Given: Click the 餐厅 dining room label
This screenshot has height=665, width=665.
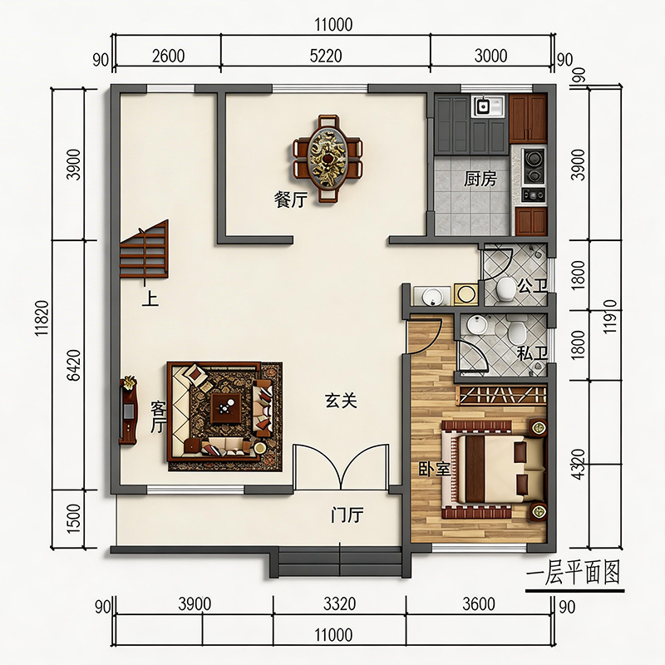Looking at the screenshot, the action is pyautogui.click(x=290, y=199).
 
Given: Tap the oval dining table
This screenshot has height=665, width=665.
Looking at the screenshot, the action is pyautogui.click(x=327, y=158).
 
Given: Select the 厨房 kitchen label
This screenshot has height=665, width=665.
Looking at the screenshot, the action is pyautogui.click(x=480, y=179).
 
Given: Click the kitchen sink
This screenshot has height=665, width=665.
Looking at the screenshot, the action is pyautogui.click(x=487, y=106).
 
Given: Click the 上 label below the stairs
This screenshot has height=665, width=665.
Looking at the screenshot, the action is pyautogui.click(x=150, y=298).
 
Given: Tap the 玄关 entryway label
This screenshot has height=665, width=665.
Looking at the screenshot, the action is pyautogui.click(x=341, y=401).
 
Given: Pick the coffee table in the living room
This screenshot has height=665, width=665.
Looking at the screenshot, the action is pyautogui.click(x=226, y=408).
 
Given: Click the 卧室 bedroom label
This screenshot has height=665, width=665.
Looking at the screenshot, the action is pyautogui.click(x=434, y=469).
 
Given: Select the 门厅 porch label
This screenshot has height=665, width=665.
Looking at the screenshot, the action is pyautogui.click(x=347, y=515).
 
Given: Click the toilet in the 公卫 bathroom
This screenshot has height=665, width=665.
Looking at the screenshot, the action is pyautogui.click(x=505, y=289).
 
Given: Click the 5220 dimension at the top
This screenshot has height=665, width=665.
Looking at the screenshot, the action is pyautogui.click(x=326, y=56).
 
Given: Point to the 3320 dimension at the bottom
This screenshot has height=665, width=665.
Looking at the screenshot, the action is pyautogui.click(x=339, y=604).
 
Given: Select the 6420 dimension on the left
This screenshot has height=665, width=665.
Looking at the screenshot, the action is pyautogui.click(x=73, y=365).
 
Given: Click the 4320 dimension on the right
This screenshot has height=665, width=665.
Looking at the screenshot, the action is pyautogui.click(x=578, y=465).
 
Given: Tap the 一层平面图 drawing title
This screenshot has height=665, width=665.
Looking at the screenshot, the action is pyautogui.click(x=574, y=573).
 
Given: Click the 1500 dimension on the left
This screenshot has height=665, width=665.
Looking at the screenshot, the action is pyautogui.click(x=73, y=518).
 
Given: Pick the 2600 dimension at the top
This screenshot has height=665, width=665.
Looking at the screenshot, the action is pyautogui.click(x=169, y=56).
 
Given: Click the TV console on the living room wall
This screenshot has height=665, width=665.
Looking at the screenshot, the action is pyautogui.click(x=129, y=411).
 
